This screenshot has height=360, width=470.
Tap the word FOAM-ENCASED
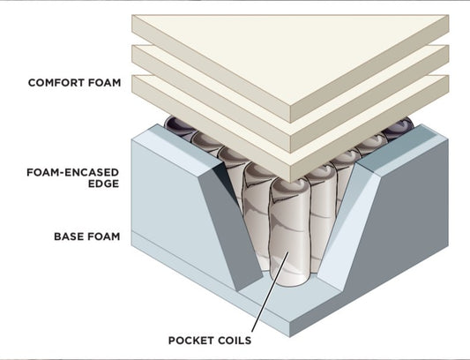point(73,173)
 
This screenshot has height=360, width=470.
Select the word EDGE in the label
point(103,184)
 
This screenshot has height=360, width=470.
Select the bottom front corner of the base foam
point(290,336)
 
